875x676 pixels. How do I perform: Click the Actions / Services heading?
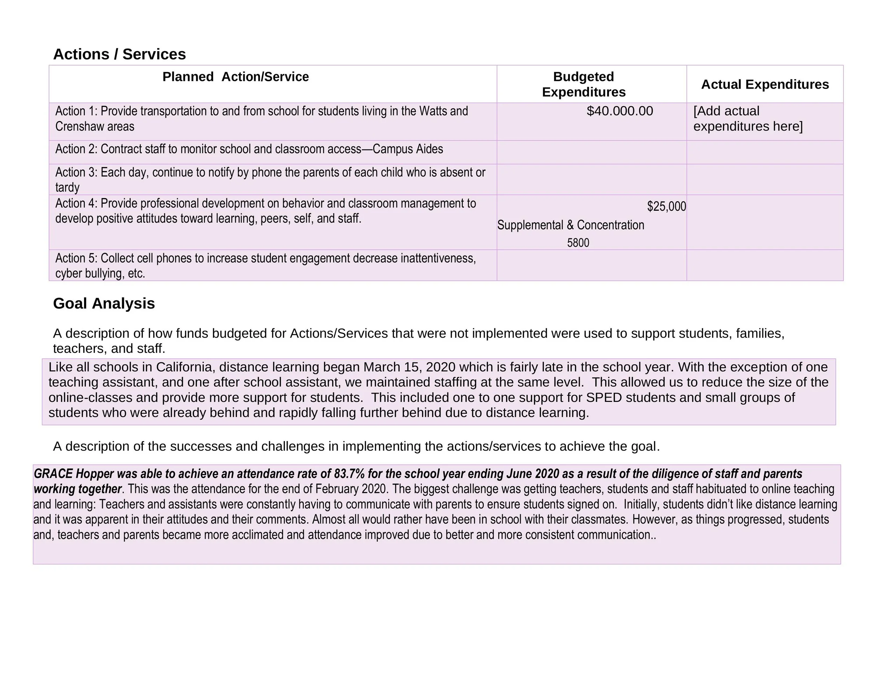(119, 54)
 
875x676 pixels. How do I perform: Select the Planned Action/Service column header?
(236, 77)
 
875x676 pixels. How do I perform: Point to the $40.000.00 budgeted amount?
(619, 111)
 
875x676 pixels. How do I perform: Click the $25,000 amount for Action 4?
(666, 206)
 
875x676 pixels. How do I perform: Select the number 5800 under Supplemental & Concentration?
(578, 243)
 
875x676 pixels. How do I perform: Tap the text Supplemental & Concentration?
(570, 225)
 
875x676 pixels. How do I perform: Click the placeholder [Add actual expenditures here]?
(748, 119)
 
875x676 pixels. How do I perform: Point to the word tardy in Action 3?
(67, 188)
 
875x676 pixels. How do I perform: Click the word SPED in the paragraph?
(604, 397)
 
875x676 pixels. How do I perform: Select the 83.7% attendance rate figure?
(349, 474)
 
